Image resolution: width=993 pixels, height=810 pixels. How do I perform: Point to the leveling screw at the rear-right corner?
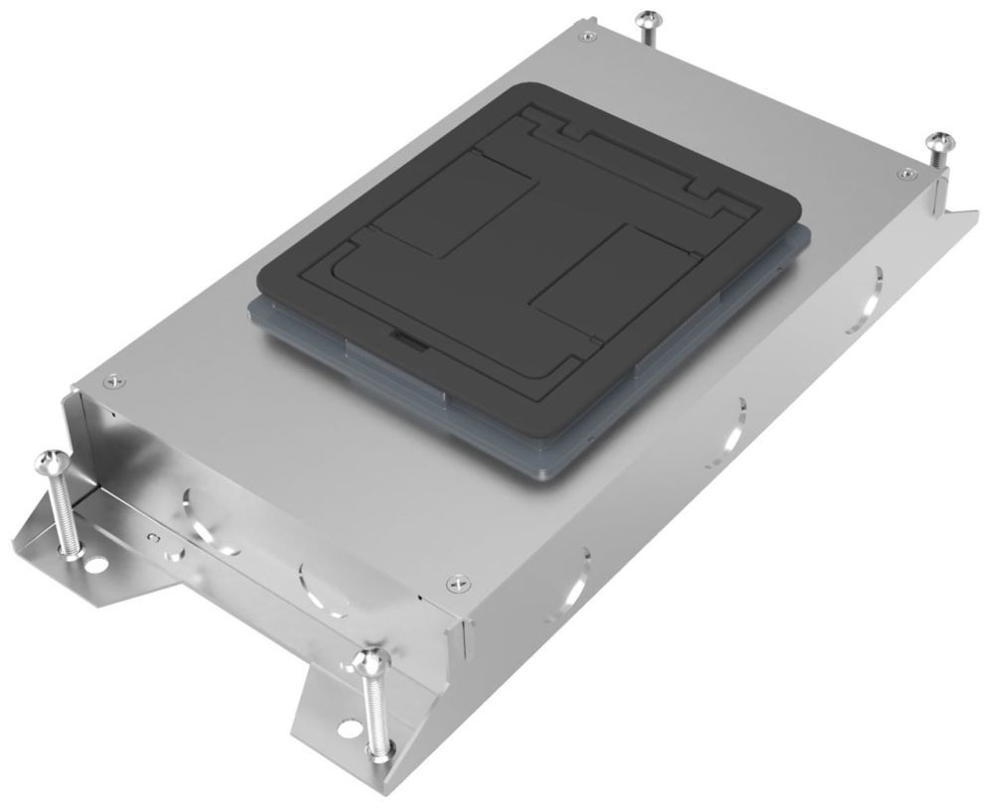pos(937,140)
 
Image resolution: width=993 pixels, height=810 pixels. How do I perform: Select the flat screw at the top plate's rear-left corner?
pos(589,37)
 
